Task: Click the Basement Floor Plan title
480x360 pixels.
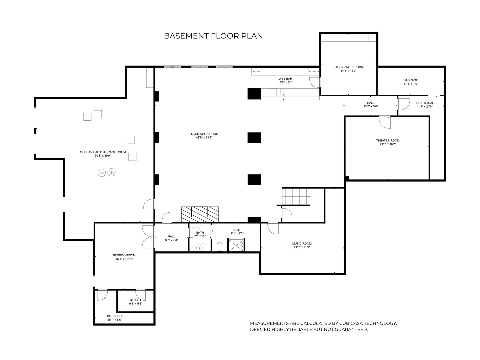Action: [x=213, y=36]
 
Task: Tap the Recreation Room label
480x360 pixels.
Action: [x=204, y=134]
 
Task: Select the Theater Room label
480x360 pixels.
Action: [x=388, y=141]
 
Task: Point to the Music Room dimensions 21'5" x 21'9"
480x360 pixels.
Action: [x=302, y=247]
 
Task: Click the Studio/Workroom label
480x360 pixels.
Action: [x=348, y=67]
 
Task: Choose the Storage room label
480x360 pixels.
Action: [x=411, y=80]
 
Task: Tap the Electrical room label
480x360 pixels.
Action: [x=425, y=103]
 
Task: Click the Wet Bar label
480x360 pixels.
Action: [x=285, y=79]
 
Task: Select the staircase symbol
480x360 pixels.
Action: [x=296, y=196]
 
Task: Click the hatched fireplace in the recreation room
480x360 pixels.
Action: [x=200, y=214]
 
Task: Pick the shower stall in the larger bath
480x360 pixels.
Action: [x=236, y=245]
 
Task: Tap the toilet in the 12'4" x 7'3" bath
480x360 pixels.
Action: [x=219, y=247]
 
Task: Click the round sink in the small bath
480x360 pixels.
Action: [x=199, y=248]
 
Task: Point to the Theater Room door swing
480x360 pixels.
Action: [x=385, y=122]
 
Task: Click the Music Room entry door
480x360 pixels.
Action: [x=273, y=228]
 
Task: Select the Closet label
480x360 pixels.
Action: [x=136, y=300]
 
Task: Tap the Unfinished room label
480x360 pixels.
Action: [x=115, y=316]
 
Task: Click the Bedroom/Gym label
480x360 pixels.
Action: [x=124, y=255]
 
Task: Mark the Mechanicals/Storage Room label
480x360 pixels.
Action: [x=103, y=152]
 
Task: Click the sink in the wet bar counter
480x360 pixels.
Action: [x=284, y=92]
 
